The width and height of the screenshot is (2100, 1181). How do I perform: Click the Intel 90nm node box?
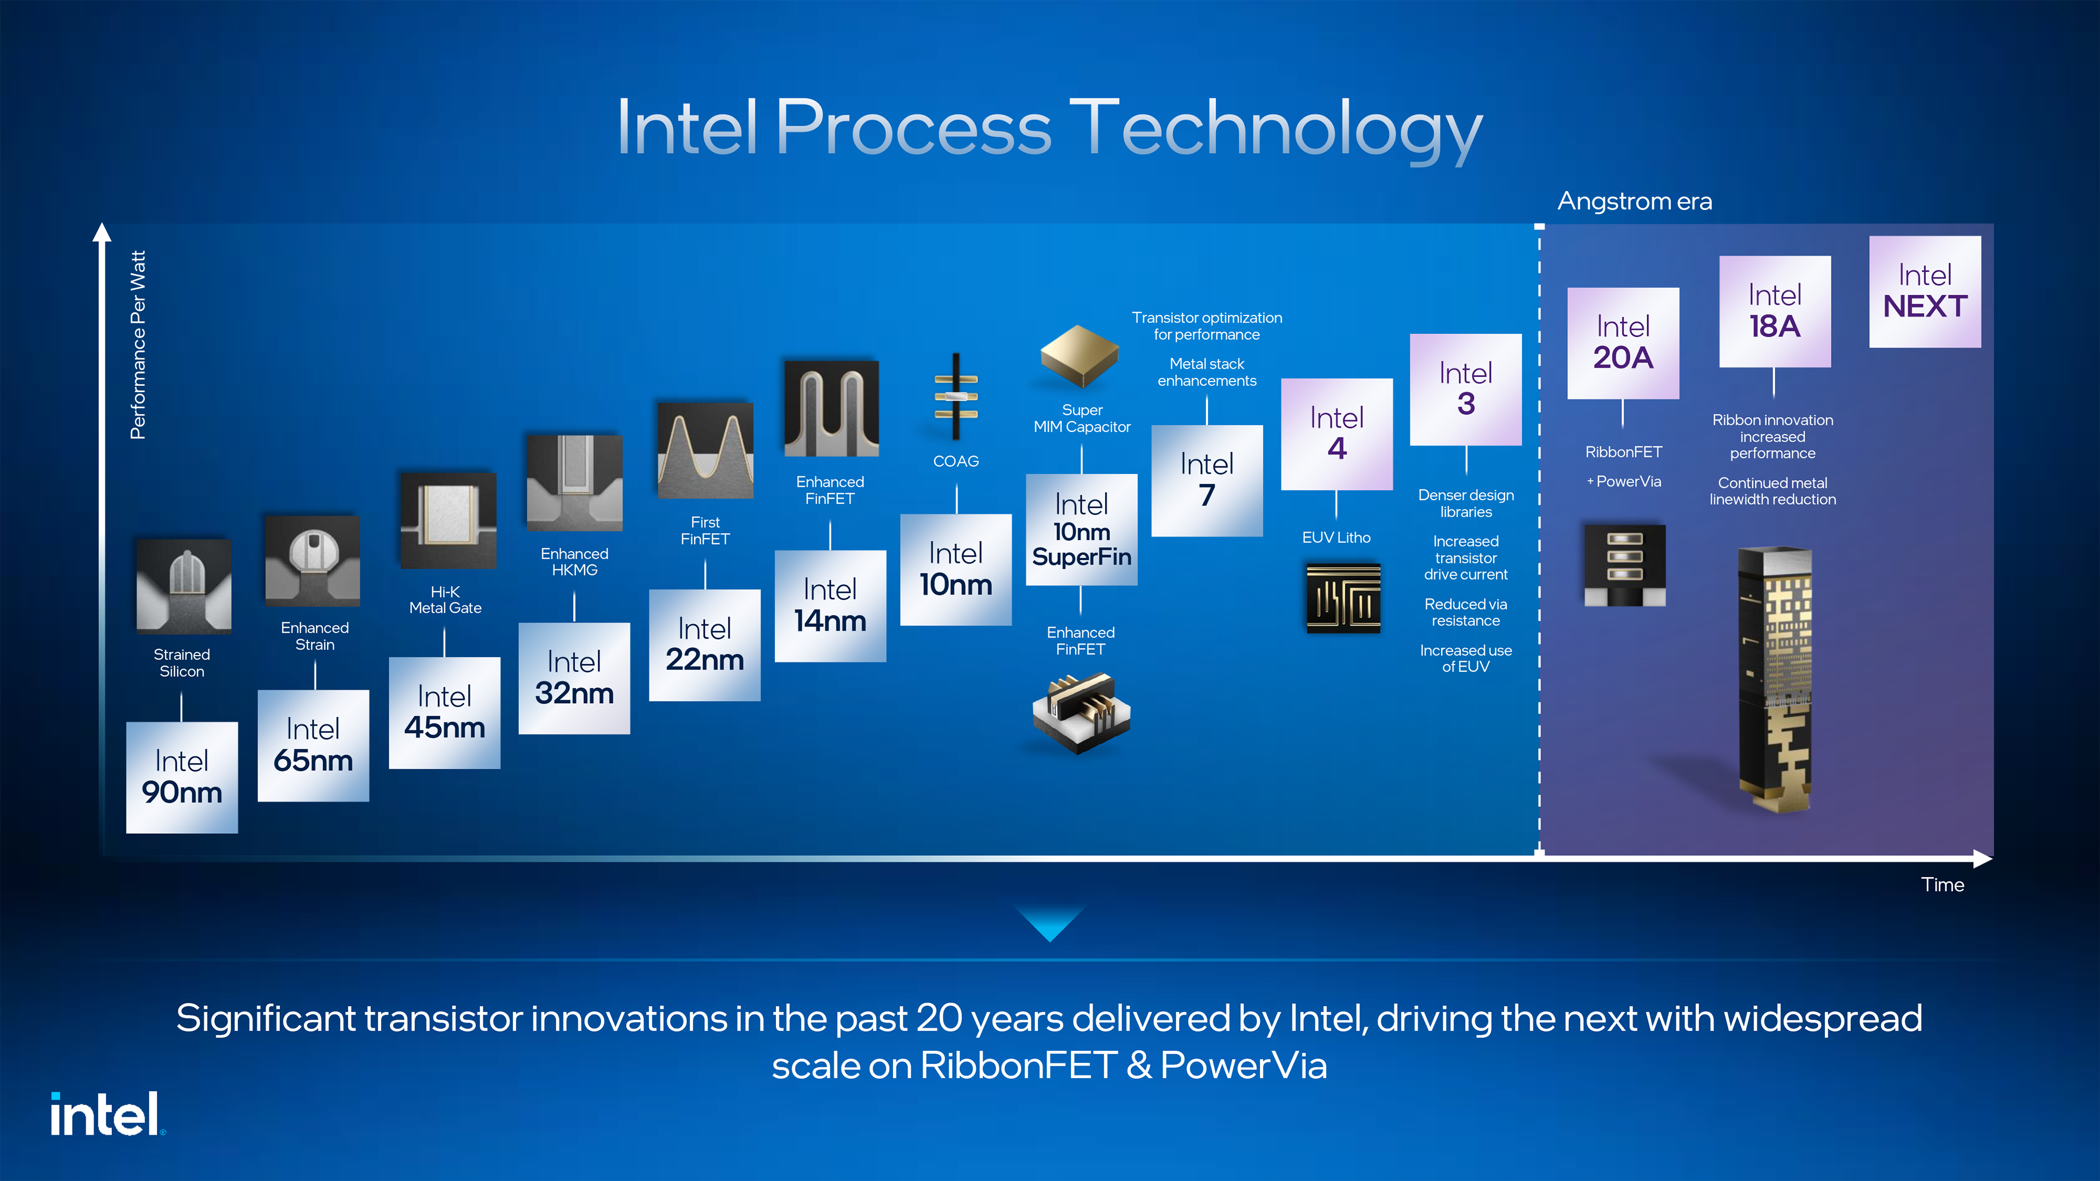182,777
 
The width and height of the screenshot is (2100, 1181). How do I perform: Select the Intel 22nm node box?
704,645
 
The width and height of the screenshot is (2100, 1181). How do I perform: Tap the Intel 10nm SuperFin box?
1081,530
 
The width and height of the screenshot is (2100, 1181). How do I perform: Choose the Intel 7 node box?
1206,480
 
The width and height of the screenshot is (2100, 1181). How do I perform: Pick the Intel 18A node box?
1775,311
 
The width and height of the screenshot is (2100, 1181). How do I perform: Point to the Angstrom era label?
1635,201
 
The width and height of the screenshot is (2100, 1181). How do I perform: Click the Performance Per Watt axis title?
138,345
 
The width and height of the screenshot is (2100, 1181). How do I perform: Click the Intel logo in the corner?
107,1114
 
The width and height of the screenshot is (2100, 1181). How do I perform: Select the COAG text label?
955,461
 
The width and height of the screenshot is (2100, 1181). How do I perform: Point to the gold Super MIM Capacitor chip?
1080,356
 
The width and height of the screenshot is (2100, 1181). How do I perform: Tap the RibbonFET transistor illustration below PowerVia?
1624,565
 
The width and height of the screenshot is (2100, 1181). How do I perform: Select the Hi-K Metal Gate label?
445,600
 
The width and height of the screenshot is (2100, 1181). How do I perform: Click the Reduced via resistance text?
1466,612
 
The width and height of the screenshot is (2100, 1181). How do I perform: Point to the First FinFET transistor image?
705,450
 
